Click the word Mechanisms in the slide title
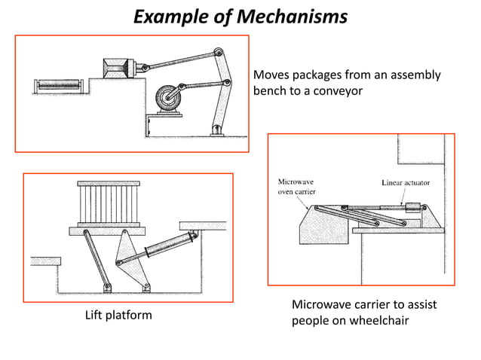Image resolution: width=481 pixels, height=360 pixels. point(295,16)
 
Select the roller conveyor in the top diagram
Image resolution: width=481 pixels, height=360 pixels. point(57,84)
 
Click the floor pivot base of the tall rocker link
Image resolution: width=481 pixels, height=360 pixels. point(218,129)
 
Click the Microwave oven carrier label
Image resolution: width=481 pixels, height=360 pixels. point(297,187)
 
